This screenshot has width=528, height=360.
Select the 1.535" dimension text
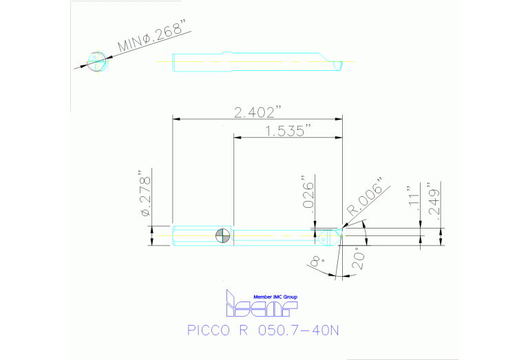click(288, 131)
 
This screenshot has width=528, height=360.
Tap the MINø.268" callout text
click(153, 39)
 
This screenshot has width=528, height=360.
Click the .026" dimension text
click(309, 195)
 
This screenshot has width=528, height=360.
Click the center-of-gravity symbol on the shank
click(223, 236)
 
